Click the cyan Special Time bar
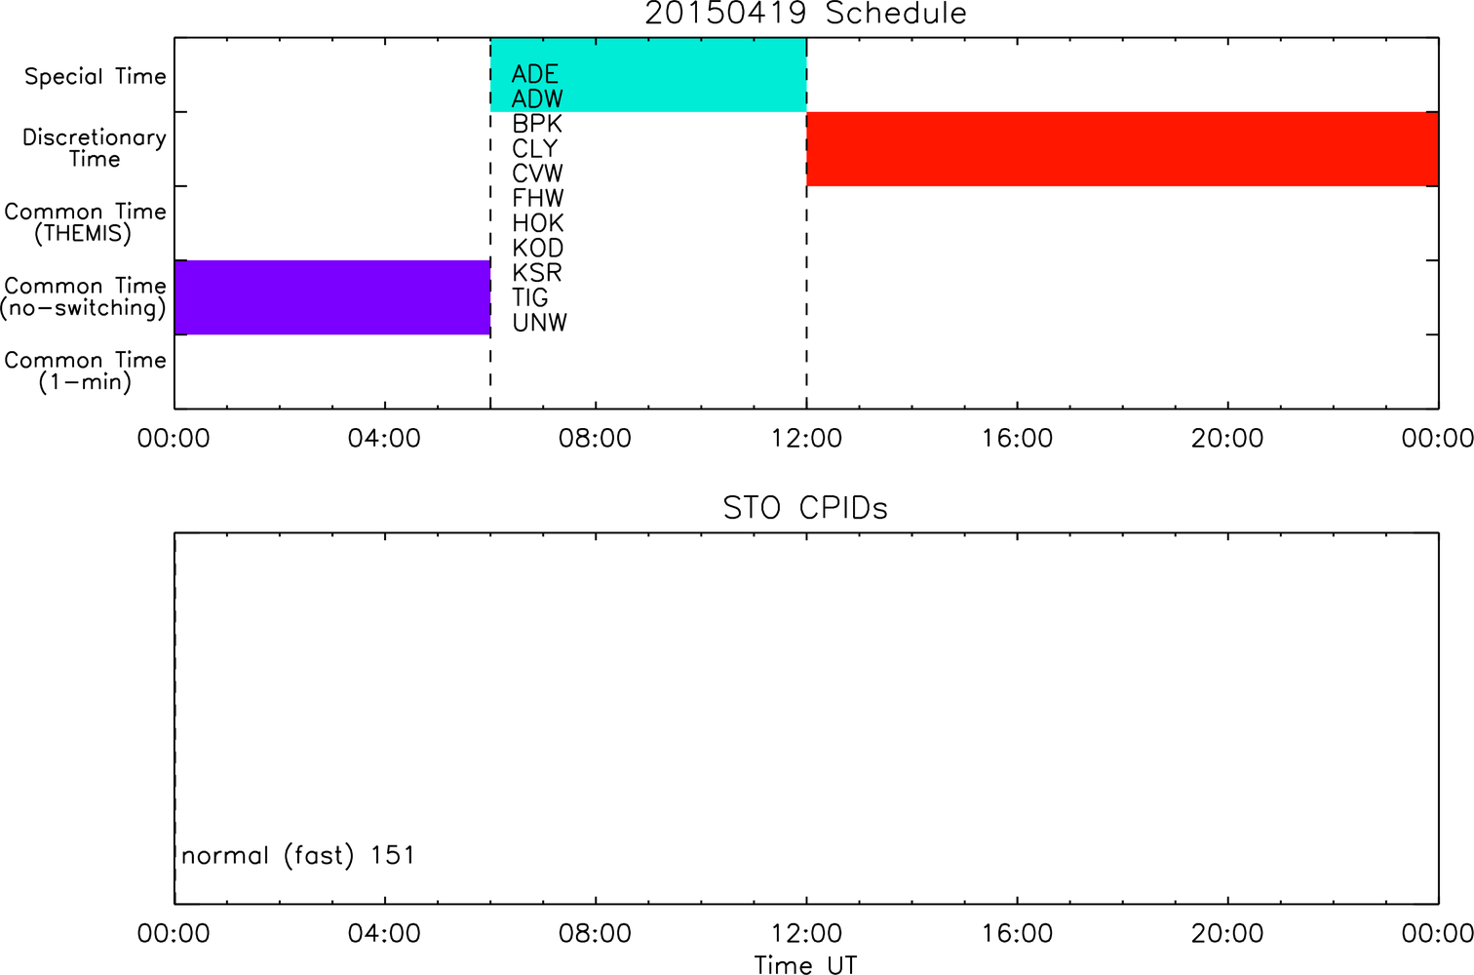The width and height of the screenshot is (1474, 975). [x=648, y=75]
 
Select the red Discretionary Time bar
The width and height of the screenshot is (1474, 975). [x=1123, y=149]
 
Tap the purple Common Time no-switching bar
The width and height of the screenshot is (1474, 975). [x=332, y=297]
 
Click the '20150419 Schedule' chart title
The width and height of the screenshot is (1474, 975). [x=805, y=14]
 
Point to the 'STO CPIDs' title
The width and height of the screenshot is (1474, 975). [x=805, y=508]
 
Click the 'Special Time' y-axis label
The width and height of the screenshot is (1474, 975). [x=96, y=76]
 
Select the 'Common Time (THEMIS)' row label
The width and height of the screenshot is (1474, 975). [x=85, y=222]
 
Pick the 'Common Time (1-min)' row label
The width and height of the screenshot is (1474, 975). [x=85, y=371]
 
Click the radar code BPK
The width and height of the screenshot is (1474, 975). [x=537, y=124]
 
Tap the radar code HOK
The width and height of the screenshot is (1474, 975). [x=537, y=223]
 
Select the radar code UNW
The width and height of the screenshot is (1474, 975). [x=540, y=323]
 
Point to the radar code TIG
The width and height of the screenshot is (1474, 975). [x=530, y=297]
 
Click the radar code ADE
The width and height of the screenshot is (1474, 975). [x=535, y=74]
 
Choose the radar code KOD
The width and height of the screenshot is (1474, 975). [x=537, y=249]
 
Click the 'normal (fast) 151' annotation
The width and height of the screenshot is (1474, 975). [x=298, y=855]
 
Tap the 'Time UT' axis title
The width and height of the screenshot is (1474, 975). [x=805, y=964]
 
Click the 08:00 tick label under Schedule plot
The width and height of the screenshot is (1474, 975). [x=595, y=439]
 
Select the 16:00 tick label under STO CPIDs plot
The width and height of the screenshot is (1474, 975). [x=1017, y=933]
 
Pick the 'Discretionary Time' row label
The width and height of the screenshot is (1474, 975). [x=95, y=148]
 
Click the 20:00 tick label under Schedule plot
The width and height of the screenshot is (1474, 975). [x=1227, y=439]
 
